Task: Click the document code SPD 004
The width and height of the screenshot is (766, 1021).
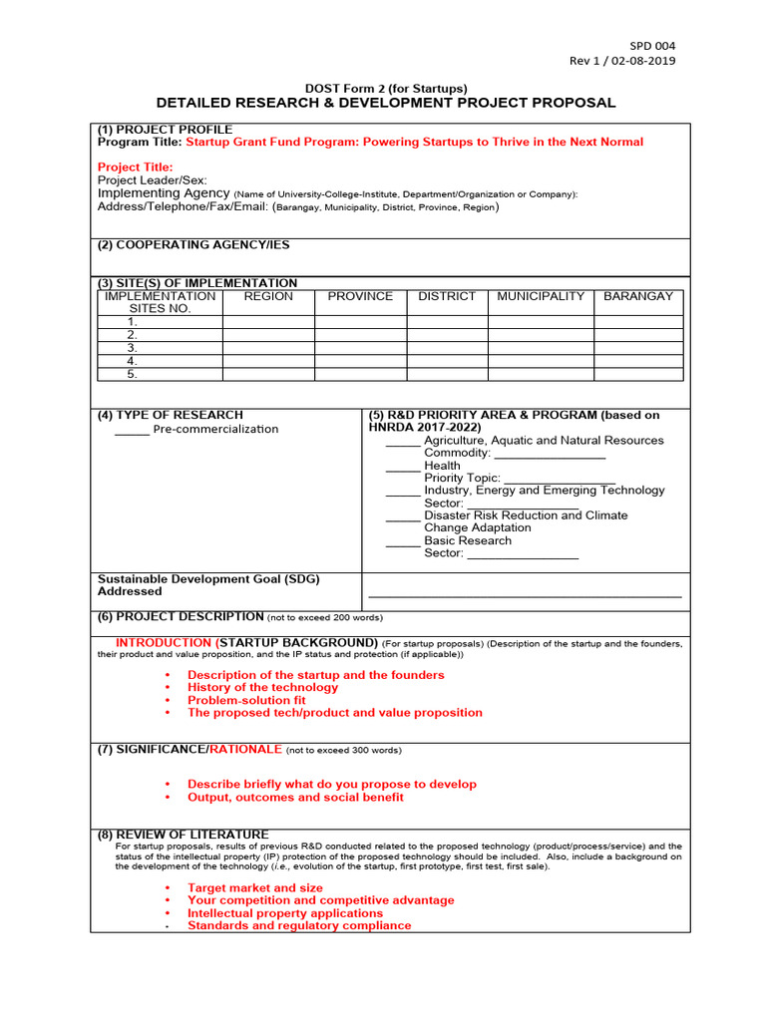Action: coord(651,46)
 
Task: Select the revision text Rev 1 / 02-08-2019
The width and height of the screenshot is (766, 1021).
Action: coord(621,62)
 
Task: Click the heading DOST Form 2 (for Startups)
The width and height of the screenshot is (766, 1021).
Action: coord(386,89)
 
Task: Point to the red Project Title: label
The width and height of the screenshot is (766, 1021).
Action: coord(136,168)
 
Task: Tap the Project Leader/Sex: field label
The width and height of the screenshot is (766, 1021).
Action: coord(153,180)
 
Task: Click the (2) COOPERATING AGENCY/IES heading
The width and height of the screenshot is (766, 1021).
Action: coord(193,245)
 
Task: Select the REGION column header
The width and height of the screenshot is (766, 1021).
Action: coord(268,297)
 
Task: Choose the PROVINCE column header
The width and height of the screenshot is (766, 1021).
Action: coord(360,297)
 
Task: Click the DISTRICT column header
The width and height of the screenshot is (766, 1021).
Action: coord(447,297)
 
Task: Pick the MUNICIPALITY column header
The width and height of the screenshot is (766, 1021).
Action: coord(541,297)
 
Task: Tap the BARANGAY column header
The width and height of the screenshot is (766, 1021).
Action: coord(638,297)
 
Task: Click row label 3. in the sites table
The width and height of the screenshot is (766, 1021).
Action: coord(132,348)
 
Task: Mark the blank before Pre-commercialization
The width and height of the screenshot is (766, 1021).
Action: coord(132,431)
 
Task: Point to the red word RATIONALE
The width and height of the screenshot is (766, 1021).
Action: coord(246,750)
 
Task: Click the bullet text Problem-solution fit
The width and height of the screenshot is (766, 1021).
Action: coord(246,701)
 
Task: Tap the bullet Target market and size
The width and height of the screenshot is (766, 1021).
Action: coord(255,888)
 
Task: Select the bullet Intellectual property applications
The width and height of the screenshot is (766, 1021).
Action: coord(285,913)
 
